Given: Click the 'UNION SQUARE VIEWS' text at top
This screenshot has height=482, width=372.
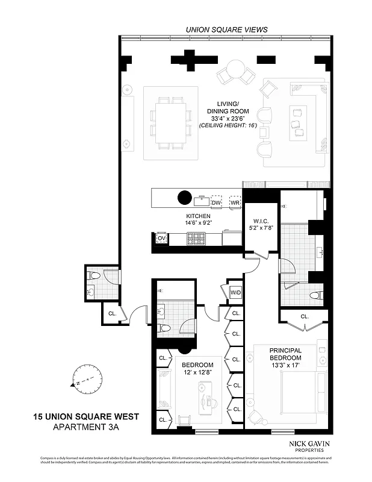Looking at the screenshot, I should [x=226, y=29].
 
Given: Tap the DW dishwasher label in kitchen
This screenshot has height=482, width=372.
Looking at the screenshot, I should [x=216, y=202].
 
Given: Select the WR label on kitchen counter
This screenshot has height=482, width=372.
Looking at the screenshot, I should [x=235, y=202].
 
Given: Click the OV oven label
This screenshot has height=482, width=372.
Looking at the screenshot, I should [x=161, y=239].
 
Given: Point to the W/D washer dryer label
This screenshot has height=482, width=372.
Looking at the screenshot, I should [x=235, y=293].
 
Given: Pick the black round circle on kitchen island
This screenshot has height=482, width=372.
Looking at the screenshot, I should [x=184, y=197].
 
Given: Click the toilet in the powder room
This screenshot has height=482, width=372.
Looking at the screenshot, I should [x=93, y=276].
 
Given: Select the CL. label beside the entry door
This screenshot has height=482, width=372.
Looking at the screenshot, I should [x=113, y=313].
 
